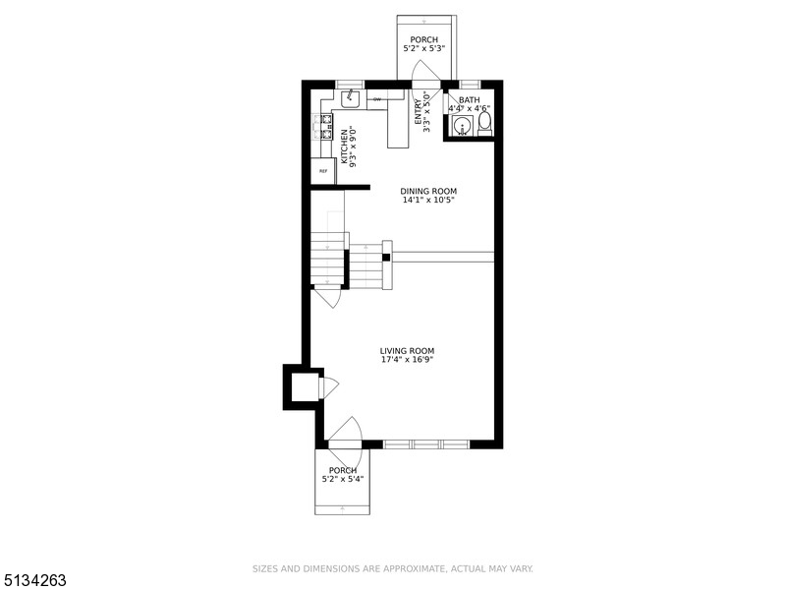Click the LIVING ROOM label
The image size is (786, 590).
(x=407, y=350)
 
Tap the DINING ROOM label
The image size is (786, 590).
(x=428, y=191)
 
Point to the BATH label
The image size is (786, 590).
(x=469, y=99)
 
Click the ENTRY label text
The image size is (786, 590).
(x=418, y=111)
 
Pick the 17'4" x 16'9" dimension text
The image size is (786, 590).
(x=407, y=360)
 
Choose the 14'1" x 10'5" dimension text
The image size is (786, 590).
(x=428, y=201)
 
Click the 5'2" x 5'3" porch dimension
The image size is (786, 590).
(x=424, y=48)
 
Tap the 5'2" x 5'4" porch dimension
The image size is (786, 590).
(x=343, y=480)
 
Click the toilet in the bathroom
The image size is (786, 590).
(x=483, y=124)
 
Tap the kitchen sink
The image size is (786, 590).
(x=351, y=98)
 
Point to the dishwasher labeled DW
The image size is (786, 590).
(x=377, y=99)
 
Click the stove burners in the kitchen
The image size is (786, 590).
(x=321, y=126)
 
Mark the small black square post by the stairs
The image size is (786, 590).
(x=387, y=258)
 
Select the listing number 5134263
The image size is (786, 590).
(x=34, y=580)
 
